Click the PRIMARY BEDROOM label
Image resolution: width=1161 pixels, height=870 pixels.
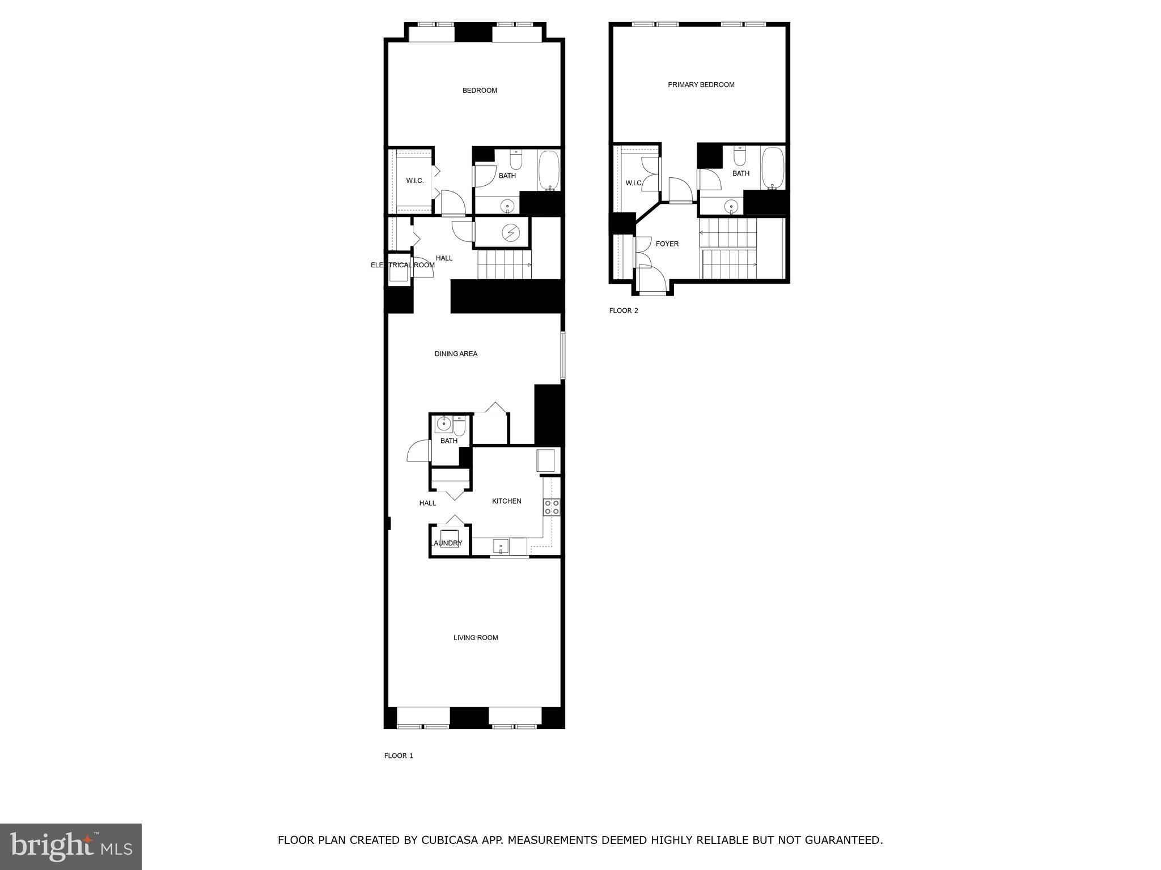(x=701, y=85)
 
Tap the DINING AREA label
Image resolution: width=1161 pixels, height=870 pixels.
(x=456, y=354)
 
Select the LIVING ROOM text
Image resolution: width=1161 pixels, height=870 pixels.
(x=476, y=638)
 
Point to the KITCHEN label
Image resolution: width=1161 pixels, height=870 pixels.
(x=506, y=501)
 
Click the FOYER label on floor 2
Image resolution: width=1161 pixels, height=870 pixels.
(x=667, y=244)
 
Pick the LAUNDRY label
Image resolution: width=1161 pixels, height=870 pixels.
(x=447, y=543)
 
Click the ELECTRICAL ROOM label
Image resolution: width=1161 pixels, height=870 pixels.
(x=402, y=265)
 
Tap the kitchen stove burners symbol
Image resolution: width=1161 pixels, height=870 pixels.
(x=552, y=507)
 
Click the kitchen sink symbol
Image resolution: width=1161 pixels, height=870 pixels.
(x=501, y=547)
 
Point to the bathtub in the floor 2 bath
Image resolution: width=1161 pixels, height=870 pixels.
(x=772, y=167)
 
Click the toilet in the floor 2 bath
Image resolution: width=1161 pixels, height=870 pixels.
(x=739, y=156)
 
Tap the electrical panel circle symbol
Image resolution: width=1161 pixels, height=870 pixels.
(x=511, y=232)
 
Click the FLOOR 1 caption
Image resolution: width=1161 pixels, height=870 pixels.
(x=399, y=756)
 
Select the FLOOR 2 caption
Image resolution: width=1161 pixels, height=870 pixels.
(x=624, y=310)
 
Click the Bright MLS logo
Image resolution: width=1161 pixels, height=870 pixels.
(x=71, y=846)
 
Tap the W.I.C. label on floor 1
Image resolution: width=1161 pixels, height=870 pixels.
(x=414, y=181)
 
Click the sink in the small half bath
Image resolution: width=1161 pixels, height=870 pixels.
(x=443, y=423)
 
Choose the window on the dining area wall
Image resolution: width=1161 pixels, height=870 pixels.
(x=563, y=355)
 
